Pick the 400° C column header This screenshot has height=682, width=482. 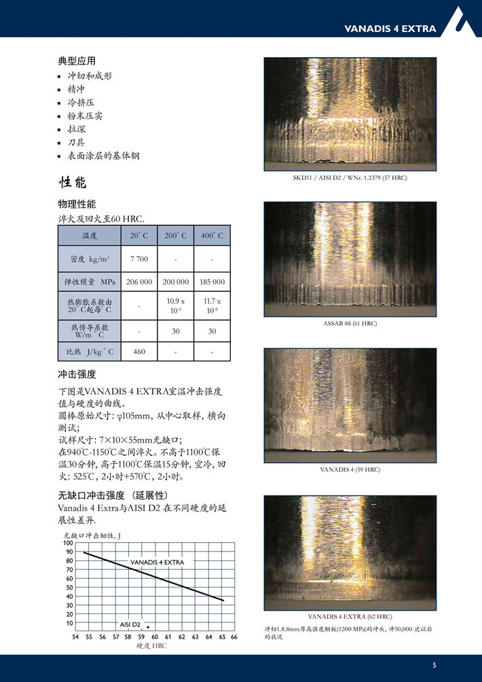212,236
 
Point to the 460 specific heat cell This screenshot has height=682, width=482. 138,352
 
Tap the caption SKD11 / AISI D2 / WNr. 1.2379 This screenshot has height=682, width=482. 350,178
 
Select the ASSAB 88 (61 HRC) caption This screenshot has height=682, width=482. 350,323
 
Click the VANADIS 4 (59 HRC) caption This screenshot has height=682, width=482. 350,469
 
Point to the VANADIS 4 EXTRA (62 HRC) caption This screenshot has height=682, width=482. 350,616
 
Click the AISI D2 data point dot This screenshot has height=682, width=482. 148,626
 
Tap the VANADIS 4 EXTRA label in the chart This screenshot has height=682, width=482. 157,562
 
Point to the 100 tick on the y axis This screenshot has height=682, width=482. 69,543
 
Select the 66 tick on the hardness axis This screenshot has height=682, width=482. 234,637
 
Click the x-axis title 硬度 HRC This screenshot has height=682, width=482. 151,646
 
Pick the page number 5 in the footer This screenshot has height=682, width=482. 434,664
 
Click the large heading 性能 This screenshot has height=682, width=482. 73,183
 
